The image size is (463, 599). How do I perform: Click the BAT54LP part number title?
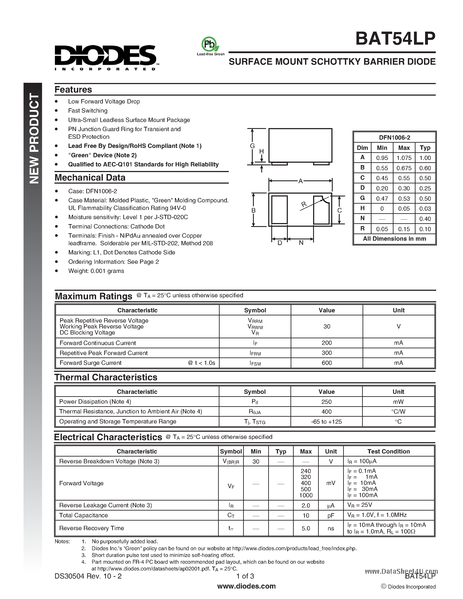(x=395, y=39)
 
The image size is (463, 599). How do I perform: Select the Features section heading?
(x=73, y=90)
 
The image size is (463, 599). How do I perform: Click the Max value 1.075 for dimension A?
(x=404, y=158)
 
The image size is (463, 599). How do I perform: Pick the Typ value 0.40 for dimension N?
(x=425, y=219)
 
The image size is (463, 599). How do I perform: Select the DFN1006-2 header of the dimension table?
(x=394, y=138)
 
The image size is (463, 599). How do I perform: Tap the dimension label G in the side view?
(x=252, y=146)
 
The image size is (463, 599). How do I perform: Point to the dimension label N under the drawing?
(x=301, y=243)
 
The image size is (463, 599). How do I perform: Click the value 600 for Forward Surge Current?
(x=326, y=363)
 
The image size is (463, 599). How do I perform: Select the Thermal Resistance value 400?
(x=326, y=412)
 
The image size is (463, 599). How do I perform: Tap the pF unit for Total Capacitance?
(x=331, y=516)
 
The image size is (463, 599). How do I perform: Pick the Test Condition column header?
(x=388, y=452)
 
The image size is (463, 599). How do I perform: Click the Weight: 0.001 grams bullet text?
(x=96, y=271)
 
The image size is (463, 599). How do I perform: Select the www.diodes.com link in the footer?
(x=246, y=586)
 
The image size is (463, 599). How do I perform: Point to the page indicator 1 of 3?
(x=245, y=576)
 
